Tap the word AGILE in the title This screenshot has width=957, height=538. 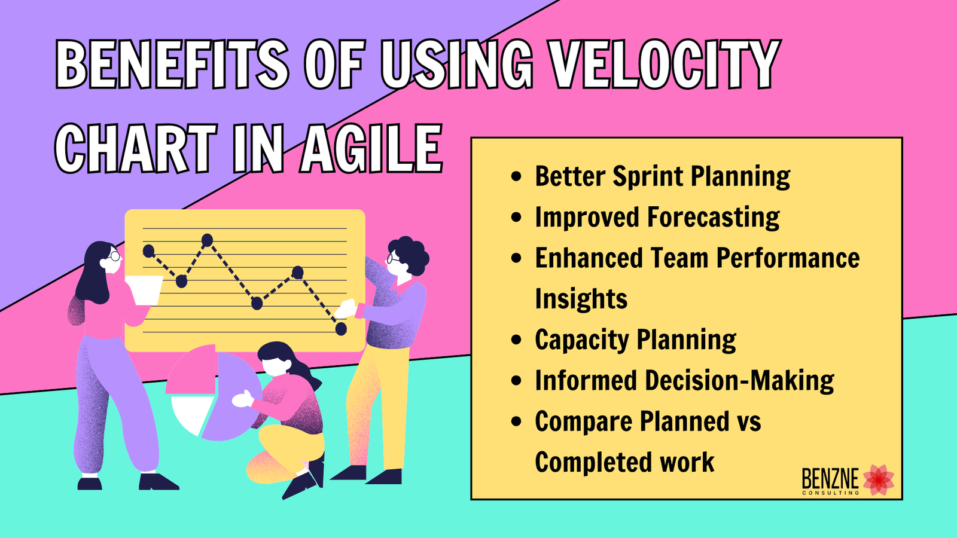coord(371,148)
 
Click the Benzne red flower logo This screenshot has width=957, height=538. coord(879,479)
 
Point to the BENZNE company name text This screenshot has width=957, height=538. coord(830,479)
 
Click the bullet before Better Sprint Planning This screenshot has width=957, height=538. coord(516,177)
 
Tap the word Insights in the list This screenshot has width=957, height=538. coord(581,299)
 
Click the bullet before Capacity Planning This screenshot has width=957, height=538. coord(516,340)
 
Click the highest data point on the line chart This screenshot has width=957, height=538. coord(208,240)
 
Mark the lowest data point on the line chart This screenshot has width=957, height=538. coord(341,329)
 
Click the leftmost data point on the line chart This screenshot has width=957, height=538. coord(149,251)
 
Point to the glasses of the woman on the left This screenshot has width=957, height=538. coord(114,256)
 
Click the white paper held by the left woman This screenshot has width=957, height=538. coord(144,290)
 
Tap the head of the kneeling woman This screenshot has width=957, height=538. coord(276,359)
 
